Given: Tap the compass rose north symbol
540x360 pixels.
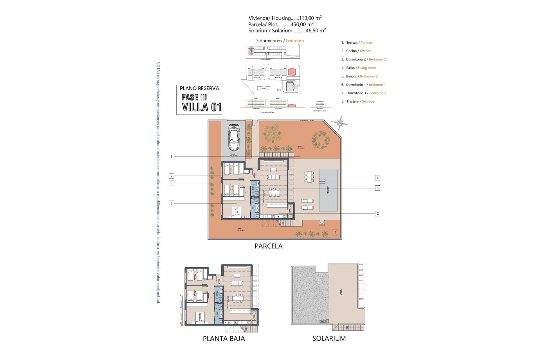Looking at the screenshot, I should click(340, 123).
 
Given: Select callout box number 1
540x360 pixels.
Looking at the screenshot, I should click(171, 156).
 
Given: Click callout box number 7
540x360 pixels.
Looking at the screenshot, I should click(171, 176).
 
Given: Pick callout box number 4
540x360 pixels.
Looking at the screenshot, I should click(377, 178).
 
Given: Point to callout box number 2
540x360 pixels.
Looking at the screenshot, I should click(377, 213).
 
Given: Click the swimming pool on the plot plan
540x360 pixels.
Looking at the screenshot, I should click(328, 190).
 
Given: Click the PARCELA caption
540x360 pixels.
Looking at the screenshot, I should click(268, 246).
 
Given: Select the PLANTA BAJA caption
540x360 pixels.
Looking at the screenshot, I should click(224, 339).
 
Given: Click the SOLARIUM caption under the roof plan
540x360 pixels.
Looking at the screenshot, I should click(329, 338).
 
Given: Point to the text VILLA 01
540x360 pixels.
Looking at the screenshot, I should click(201, 107).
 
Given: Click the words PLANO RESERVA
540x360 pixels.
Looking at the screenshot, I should click(199, 88).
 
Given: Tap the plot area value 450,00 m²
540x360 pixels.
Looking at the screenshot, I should click(302, 24).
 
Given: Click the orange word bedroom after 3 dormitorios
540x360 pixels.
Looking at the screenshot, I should click(295, 41).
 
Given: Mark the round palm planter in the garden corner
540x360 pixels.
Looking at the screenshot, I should click(321, 139).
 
